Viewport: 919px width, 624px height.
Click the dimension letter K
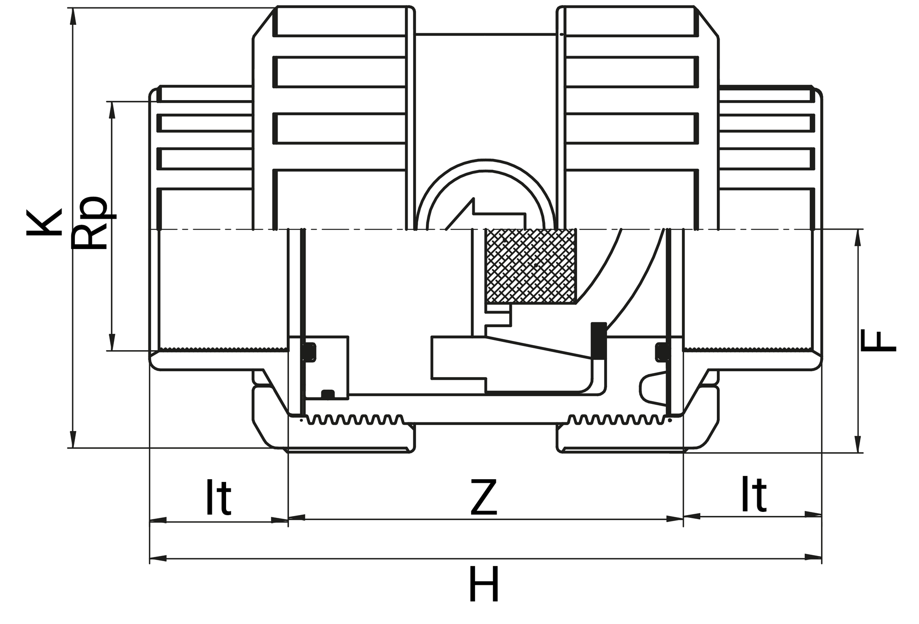tap(45, 223)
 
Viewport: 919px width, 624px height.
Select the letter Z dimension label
tap(483, 498)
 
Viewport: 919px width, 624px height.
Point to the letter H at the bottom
tap(483, 585)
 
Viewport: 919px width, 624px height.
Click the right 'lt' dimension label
tap(754, 495)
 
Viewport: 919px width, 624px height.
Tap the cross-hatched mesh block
tap(531, 266)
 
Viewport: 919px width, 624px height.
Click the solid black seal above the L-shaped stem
tap(598, 340)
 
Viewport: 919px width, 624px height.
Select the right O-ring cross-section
tap(662, 352)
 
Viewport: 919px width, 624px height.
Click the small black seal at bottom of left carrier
tap(328, 394)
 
